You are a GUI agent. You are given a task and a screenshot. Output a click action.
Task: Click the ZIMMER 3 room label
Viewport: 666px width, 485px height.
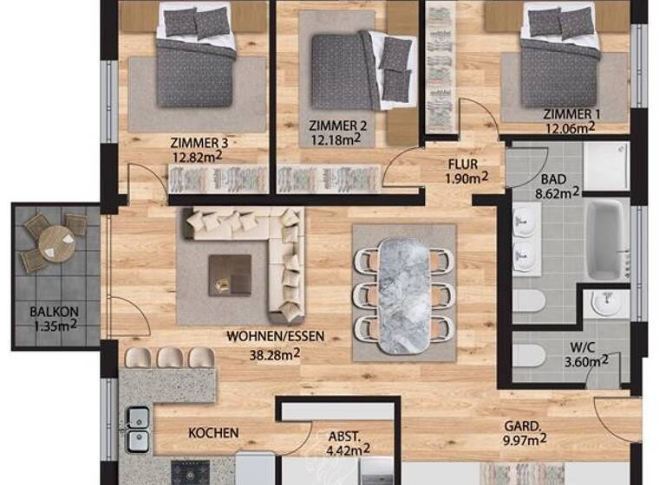click(x=199, y=143)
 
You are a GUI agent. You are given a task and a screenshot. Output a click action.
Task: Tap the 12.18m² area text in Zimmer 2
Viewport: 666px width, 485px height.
click(x=335, y=139)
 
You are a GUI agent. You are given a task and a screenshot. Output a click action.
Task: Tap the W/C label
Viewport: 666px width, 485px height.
click(x=582, y=346)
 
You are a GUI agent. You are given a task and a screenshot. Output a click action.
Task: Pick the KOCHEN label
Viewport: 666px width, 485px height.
click(x=213, y=433)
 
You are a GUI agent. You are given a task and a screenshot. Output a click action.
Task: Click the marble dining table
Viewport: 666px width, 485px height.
click(x=404, y=294)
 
